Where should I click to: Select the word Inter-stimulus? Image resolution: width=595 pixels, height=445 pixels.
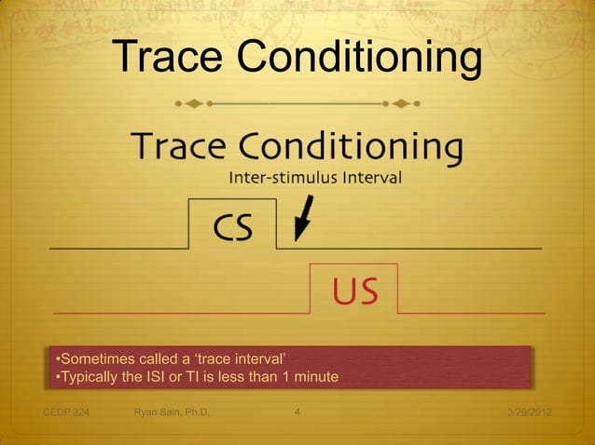click(x=274, y=178)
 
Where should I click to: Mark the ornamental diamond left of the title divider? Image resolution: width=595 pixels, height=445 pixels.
click(x=194, y=101)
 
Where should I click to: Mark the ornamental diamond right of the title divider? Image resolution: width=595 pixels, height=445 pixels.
click(x=402, y=101)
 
